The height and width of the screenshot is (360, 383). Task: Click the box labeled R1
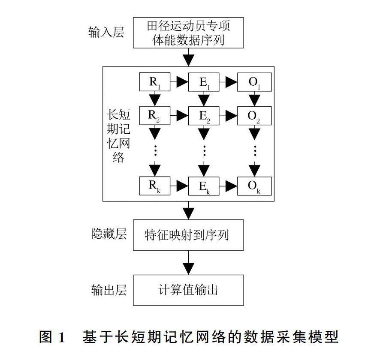[154, 82]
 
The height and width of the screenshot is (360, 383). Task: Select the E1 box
[205, 82]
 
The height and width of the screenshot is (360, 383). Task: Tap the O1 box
[254, 82]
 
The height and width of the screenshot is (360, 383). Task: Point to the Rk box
[154, 185]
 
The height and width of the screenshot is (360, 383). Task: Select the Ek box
[205, 185]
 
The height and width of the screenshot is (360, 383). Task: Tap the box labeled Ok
[254, 185]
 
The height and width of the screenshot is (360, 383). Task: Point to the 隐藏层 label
[109, 234]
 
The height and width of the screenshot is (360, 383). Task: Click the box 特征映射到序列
[188, 235]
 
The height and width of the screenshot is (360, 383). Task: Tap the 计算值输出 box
[188, 290]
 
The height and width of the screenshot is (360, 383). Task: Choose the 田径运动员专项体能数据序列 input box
[188, 33]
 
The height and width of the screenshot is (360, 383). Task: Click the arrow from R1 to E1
[179, 82]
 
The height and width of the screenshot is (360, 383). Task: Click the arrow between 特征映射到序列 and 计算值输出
[188, 262]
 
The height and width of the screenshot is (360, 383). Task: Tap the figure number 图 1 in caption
[52, 337]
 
